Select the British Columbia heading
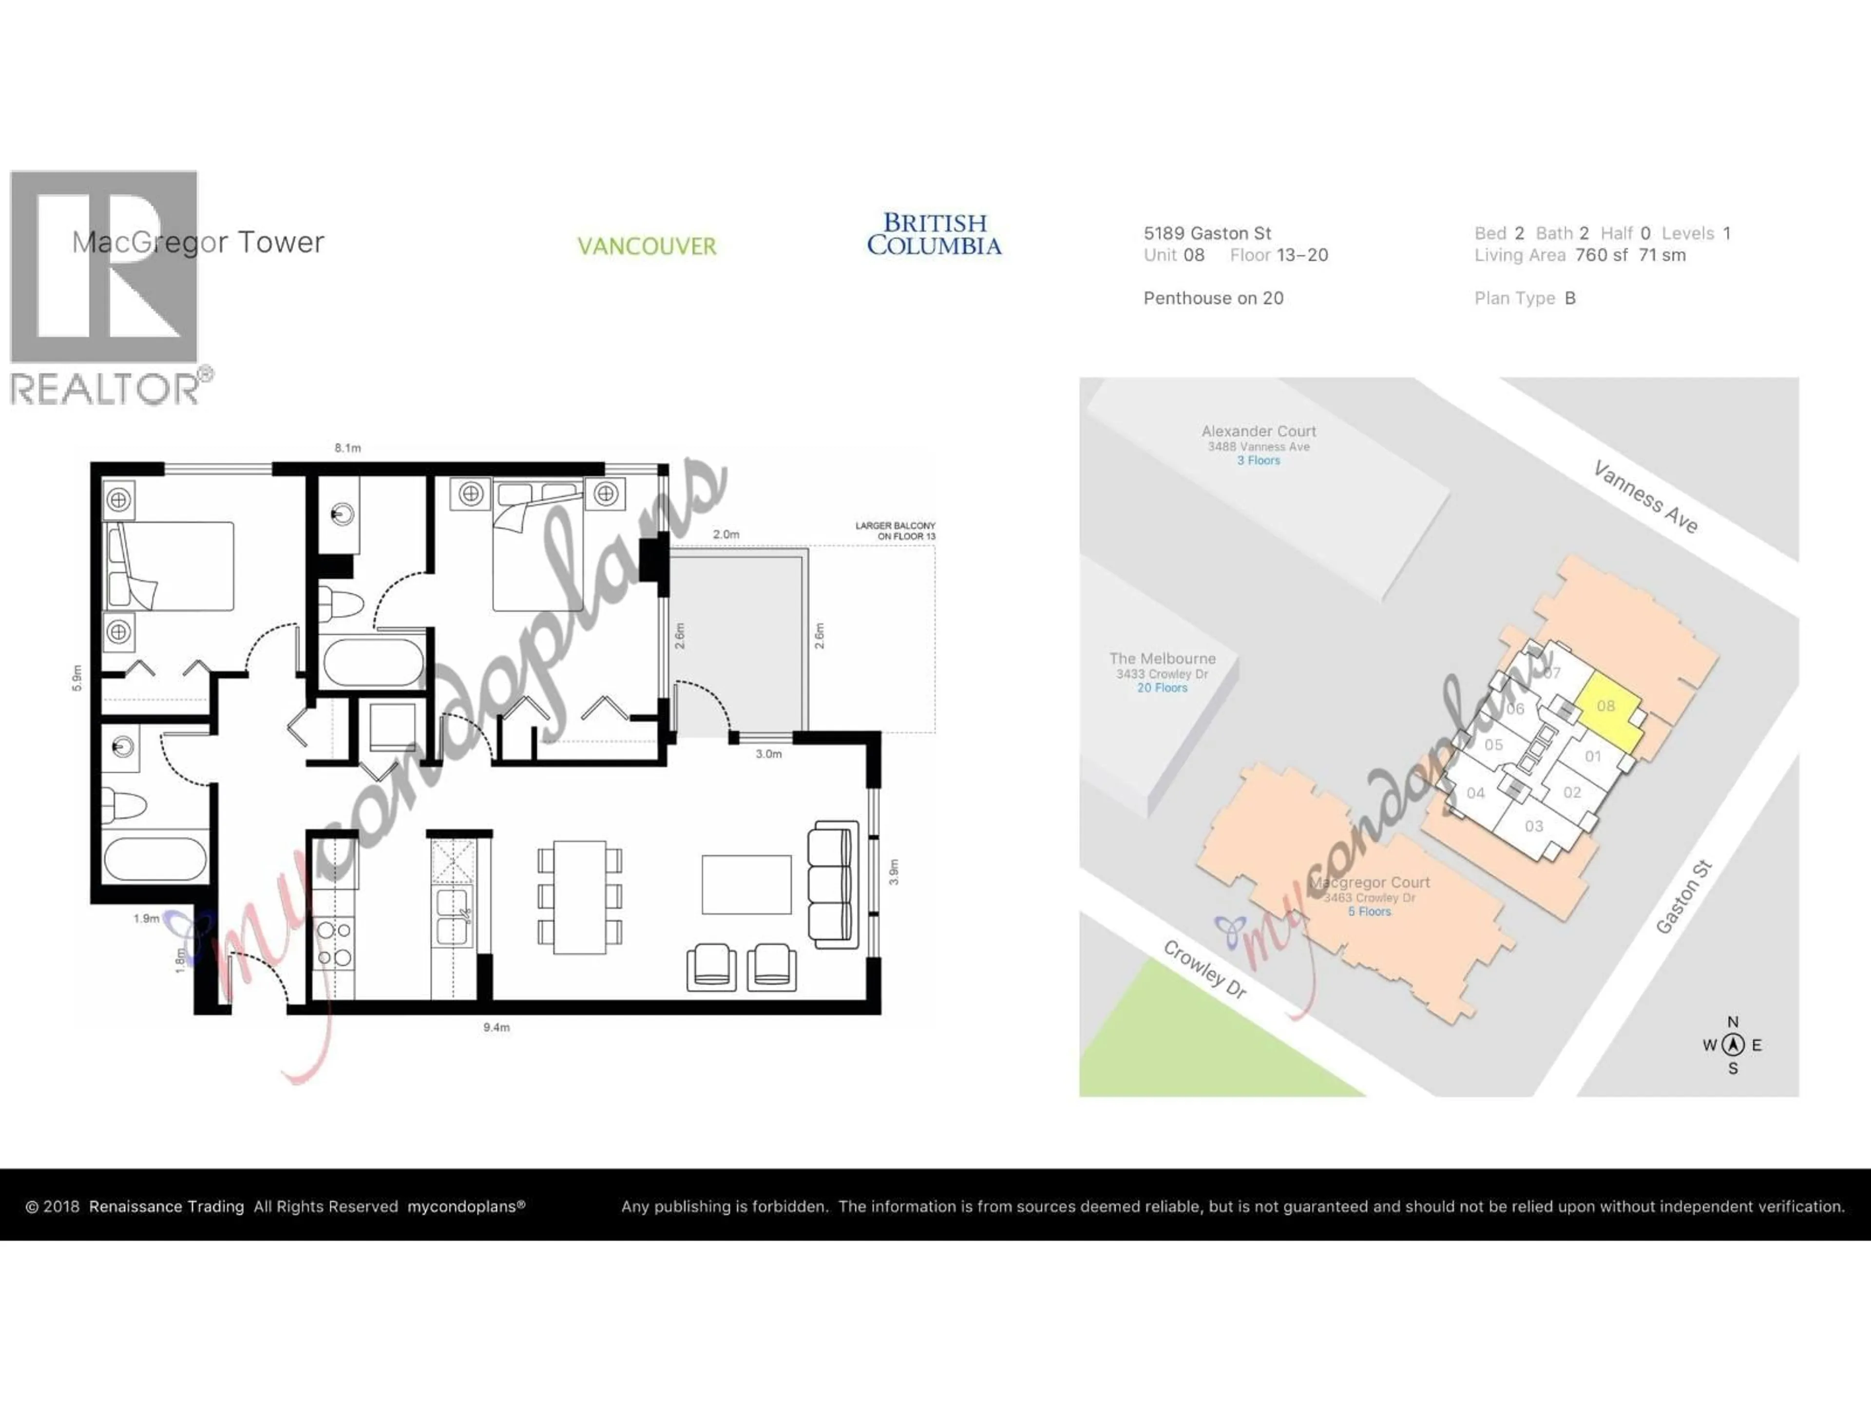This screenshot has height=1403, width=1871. (x=934, y=234)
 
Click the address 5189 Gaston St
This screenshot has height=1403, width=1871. (x=1207, y=233)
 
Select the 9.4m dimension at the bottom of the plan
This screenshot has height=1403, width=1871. (x=496, y=1027)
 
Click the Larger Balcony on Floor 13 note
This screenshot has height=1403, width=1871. (x=895, y=531)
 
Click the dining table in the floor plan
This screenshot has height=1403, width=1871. (x=579, y=896)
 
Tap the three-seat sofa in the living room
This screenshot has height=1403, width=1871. (x=832, y=884)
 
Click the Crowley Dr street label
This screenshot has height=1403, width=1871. (x=1205, y=969)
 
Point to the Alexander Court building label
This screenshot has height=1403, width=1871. (x=1259, y=431)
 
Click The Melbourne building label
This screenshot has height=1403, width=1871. (x=1162, y=659)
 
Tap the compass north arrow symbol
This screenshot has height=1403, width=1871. (x=1733, y=1044)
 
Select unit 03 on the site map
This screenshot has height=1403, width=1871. (x=1533, y=826)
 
